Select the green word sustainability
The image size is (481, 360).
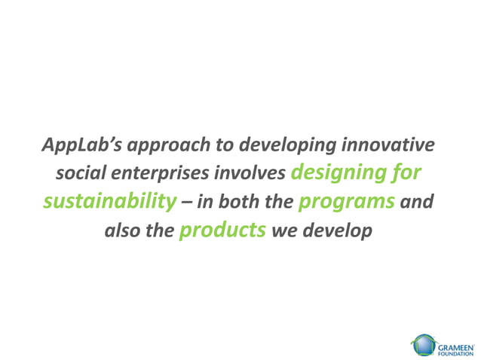pos(105,202)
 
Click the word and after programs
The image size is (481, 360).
pos(418,203)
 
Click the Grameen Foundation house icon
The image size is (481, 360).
pos(423,346)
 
